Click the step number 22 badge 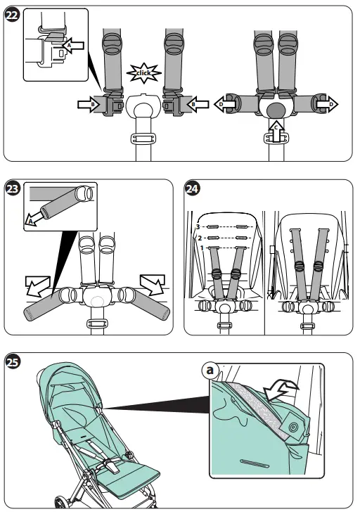point(13,15)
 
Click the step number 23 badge point(13,189)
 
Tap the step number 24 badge point(192,189)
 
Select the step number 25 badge point(13,362)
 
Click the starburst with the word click point(144,72)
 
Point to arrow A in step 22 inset point(73,45)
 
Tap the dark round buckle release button point(276,110)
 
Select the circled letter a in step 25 point(210,371)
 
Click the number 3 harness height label point(198,227)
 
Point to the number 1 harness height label point(202,248)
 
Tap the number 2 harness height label point(200,238)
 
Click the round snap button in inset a point(292,427)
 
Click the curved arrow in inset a point(281,390)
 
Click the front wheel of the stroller point(61,502)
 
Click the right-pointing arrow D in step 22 point(327,105)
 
